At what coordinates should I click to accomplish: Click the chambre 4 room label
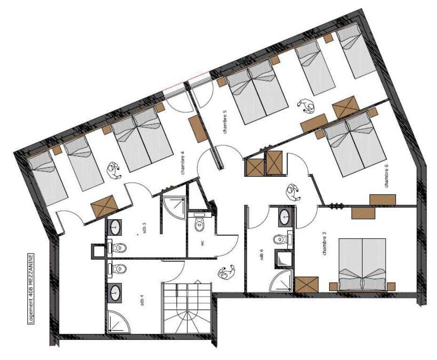pyautogui.click(x=183, y=165)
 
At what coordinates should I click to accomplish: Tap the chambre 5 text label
pyautogui.click(x=225, y=123)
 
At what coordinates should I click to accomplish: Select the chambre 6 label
pyautogui.click(x=386, y=176)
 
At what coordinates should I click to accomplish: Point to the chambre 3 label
pyautogui.click(x=324, y=244)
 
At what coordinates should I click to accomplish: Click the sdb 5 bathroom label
pyautogui.click(x=144, y=228)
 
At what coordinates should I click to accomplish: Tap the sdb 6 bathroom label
pyautogui.click(x=261, y=254)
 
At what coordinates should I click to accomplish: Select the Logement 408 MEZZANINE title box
pyautogui.click(x=31, y=289)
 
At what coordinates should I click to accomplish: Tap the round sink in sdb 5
pyautogui.click(x=114, y=227)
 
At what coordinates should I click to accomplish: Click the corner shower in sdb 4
pyautogui.click(x=118, y=321)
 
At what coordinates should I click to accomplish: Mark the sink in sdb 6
pyautogui.click(x=285, y=216)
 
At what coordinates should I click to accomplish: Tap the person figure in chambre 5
pyautogui.click(x=306, y=106)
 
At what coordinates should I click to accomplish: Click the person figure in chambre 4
pyautogui.click(x=114, y=171)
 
